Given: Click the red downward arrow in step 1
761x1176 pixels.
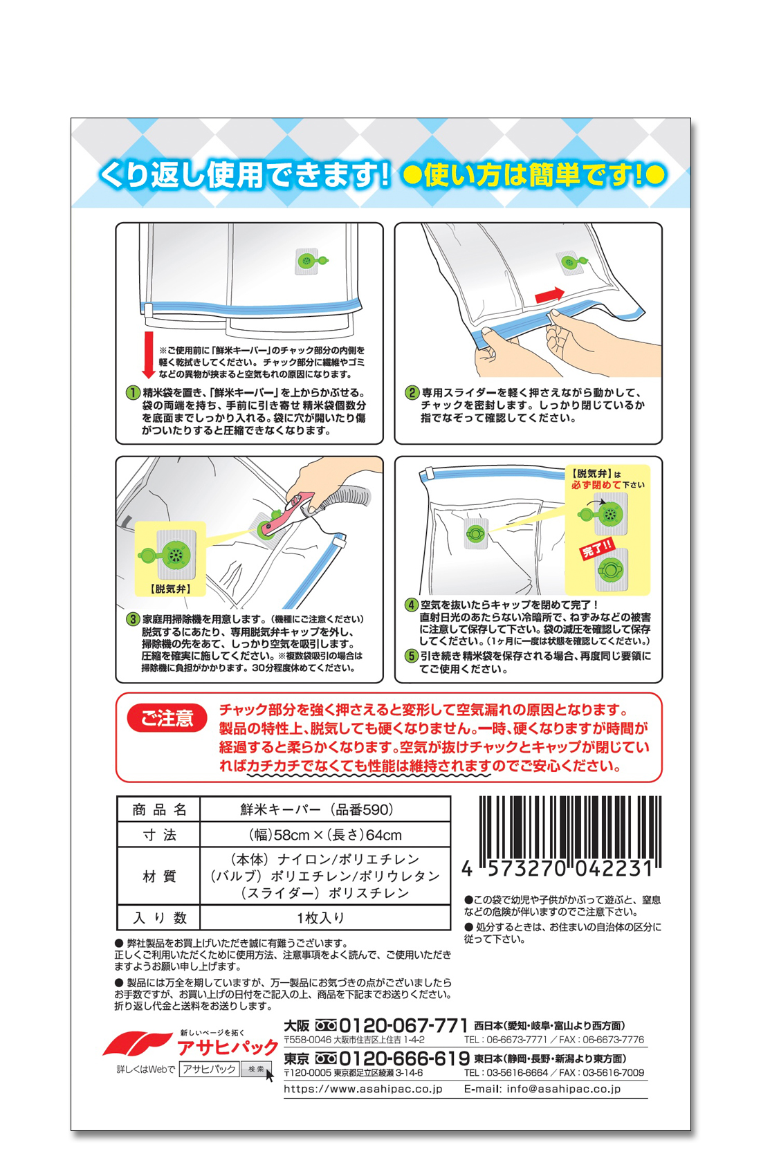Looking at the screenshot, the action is pos(149,354).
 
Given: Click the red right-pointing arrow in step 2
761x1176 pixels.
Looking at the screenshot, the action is pos(549,295).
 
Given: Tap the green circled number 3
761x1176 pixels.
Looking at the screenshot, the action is pos(133,619).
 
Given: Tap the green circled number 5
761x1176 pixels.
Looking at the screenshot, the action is pos(411,656).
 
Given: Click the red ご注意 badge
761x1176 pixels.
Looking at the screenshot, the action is pos(167,717).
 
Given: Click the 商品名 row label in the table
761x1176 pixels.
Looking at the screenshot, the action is pos(159,809).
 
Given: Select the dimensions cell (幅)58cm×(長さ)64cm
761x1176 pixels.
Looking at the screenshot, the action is pos(325,835).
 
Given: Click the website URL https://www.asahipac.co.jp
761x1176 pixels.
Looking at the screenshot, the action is pos(363,1089).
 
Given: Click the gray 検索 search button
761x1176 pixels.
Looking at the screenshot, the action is pos(256,1069).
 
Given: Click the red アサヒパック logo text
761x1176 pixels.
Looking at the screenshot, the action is pos(228,1047).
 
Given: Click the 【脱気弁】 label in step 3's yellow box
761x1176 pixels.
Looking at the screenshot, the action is pos(170,589).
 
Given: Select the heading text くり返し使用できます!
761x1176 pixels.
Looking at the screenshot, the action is pos(244,175).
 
